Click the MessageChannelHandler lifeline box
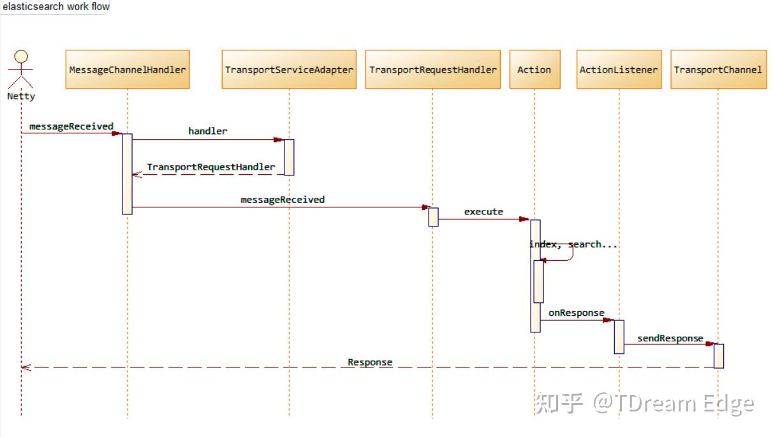(x=128, y=70)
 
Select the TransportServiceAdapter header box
(x=289, y=70)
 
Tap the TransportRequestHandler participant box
(x=432, y=70)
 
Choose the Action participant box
(x=534, y=70)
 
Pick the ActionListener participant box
(x=618, y=70)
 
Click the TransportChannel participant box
(x=718, y=70)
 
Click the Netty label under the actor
(x=21, y=96)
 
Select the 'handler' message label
(x=207, y=131)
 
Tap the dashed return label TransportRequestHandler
(x=210, y=167)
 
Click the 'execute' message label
(x=483, y=211)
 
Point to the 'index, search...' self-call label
(x=573, y=244)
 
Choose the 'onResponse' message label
(x=576, y=313)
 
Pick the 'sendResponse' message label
(x=670, y=338)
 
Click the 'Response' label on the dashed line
(x=370, y=362)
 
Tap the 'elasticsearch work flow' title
(x=55, y=6)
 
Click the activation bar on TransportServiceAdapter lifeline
(x=289, y=157)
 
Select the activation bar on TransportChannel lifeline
(x=718, y=356)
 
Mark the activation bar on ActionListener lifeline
(x=619, y=337)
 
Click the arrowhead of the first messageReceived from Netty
(x=117, y=133)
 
